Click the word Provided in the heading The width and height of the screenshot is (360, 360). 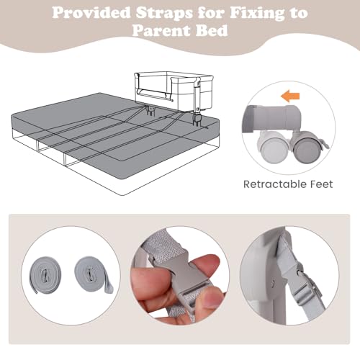click(x=91, y=12)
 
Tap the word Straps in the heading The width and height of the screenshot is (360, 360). click(x=164, y=13)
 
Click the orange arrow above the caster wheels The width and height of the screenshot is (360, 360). click(x=290, y=96)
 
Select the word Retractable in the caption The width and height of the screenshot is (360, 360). click(x=274, y=184)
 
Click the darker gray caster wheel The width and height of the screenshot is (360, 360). click(x=306, y=148)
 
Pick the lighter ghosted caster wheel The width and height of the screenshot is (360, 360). click(x=273, y=148)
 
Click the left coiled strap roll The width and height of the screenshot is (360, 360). click(x=45, y=275)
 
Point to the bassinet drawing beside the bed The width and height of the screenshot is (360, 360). click(x=174, y=92)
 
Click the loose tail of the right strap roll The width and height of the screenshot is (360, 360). click(x=108, y=287)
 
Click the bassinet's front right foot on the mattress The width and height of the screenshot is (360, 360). click(x=197, y=120)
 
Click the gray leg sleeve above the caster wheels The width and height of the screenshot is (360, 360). click(x=272, y=118)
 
